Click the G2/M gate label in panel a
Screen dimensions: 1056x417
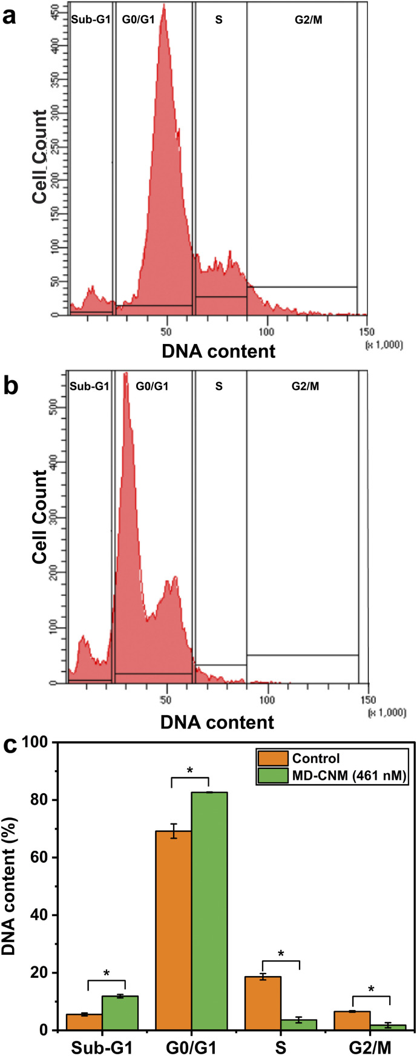pyautogui.click(x=301, y=19)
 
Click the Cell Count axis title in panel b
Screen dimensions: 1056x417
pyautogui.click(x=40, y=516)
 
